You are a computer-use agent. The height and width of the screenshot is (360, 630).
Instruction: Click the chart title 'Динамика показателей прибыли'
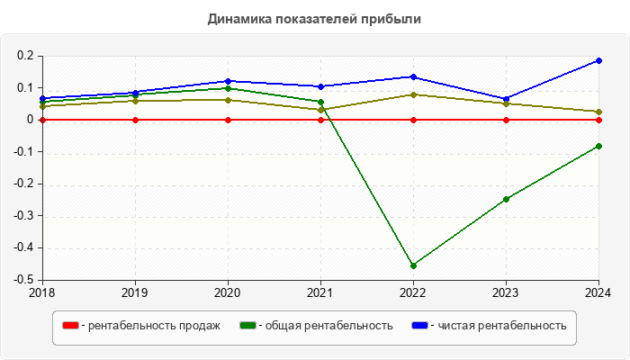[x=314, y=18]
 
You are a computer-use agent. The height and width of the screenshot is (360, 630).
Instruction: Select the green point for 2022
[x=413, y=265]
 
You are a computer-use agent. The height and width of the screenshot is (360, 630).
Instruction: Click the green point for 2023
[x=506, y=199]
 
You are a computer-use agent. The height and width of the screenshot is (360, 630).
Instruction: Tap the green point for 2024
[x=598, y=146]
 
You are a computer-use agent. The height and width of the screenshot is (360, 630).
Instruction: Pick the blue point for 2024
[x=598, y=60]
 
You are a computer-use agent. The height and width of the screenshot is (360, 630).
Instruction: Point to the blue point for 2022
[x=413, y=76]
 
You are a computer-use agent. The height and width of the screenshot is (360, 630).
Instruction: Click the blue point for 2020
[x=228, y=81]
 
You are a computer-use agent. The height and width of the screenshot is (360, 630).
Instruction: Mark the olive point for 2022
[x=413, y=94]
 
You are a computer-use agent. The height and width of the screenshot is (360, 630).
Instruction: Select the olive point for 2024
[x=598, y=112]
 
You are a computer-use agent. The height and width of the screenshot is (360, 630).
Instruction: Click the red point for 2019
[x=135, y=120]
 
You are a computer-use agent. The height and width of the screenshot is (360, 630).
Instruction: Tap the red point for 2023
[x=506, y=120]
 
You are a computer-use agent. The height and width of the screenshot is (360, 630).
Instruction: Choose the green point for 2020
[x=228, y=88]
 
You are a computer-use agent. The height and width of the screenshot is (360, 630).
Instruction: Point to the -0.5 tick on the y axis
[x=22, y=280]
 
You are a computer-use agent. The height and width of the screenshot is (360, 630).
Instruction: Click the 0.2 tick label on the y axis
[x=25, y=56]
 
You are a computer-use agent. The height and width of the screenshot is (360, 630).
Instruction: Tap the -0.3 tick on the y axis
[x=22, y=216]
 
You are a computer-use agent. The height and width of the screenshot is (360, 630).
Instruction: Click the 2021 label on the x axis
[x=320, y=292]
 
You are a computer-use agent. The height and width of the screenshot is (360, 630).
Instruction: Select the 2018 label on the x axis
[x=42, y=292]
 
